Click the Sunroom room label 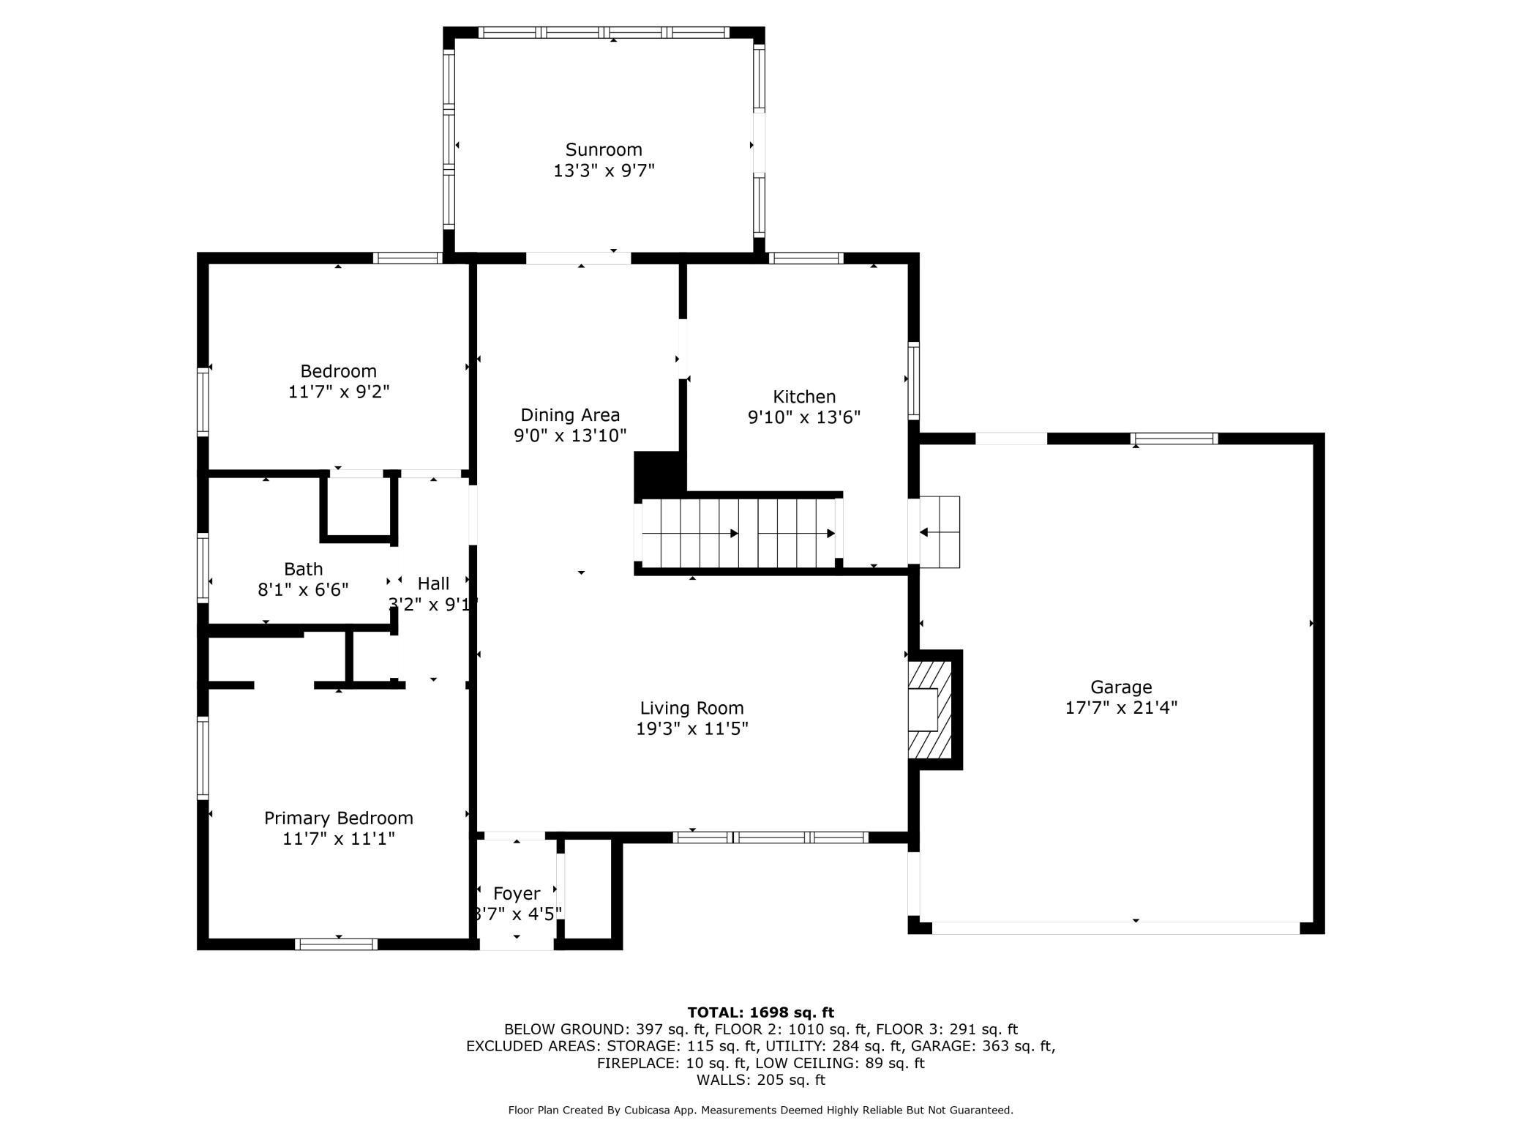[604, 150]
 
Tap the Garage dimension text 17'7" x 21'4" [1121, 708]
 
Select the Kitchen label [804, 397]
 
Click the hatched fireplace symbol [930, 709]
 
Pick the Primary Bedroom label [339, 818]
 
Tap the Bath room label [304, 569]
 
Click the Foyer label [517, 894]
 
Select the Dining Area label [570, 415]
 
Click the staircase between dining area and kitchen [739, 533]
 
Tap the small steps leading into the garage [940, 532]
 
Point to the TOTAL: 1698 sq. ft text [761, 1012]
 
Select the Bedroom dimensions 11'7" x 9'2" [339, 392]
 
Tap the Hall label [433, 584]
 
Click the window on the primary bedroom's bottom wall [336, 944]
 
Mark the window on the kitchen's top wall [806, 258]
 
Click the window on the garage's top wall [1174, 438]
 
